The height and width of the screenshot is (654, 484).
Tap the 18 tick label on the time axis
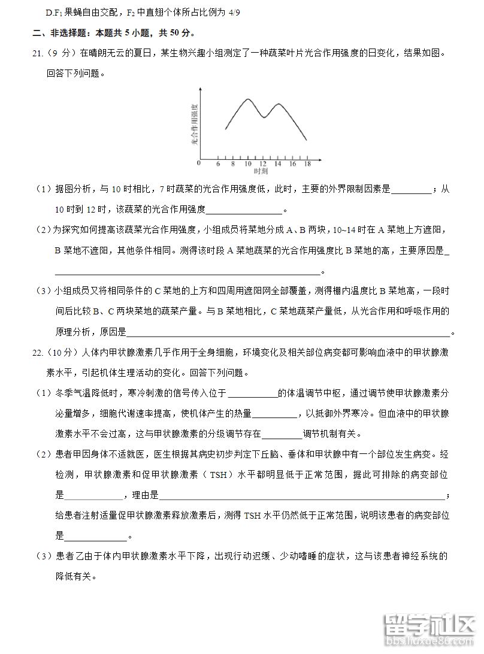click(x=307, y=163)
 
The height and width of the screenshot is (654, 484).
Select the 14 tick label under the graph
click(x=277, y=163)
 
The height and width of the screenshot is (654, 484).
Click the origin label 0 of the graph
click(x=199, y=163)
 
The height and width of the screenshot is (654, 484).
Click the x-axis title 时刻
click(x=260, y=171)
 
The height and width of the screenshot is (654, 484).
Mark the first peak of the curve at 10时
click(x=248, y=99)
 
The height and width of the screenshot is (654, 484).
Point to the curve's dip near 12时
click(x=264, y=117)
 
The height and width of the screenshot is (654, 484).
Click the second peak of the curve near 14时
click(x=279, y=104)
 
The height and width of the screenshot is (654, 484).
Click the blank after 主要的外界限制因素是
click(x=410, y=190)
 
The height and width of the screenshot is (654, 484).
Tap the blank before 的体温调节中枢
click(x=253, y=393)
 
